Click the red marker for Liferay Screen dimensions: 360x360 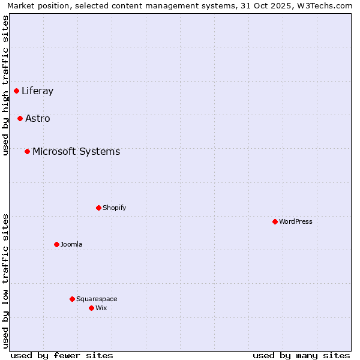[17, 91]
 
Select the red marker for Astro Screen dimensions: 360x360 [20, 119]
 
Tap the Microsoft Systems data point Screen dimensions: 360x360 [28, 152]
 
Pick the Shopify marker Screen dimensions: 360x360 [99, 208]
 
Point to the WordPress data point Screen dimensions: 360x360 [275, 222]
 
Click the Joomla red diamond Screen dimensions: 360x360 [57, 245]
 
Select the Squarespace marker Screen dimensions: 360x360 [73, 299]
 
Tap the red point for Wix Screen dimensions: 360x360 [92, 308]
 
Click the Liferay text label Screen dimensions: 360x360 [37, 91]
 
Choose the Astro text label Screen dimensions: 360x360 [38, 119]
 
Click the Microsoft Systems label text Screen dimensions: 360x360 [76, 152]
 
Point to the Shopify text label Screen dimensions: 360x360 [114, 208]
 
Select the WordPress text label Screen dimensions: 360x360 [296, 222]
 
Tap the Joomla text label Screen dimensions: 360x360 [71, 245]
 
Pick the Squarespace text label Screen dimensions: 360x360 [97, 299]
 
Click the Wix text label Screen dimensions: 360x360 [101, 308]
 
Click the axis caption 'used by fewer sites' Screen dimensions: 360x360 [62, 355]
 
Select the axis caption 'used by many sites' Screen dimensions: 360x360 [301, 355]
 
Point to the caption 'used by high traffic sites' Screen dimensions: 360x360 [6, 85]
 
